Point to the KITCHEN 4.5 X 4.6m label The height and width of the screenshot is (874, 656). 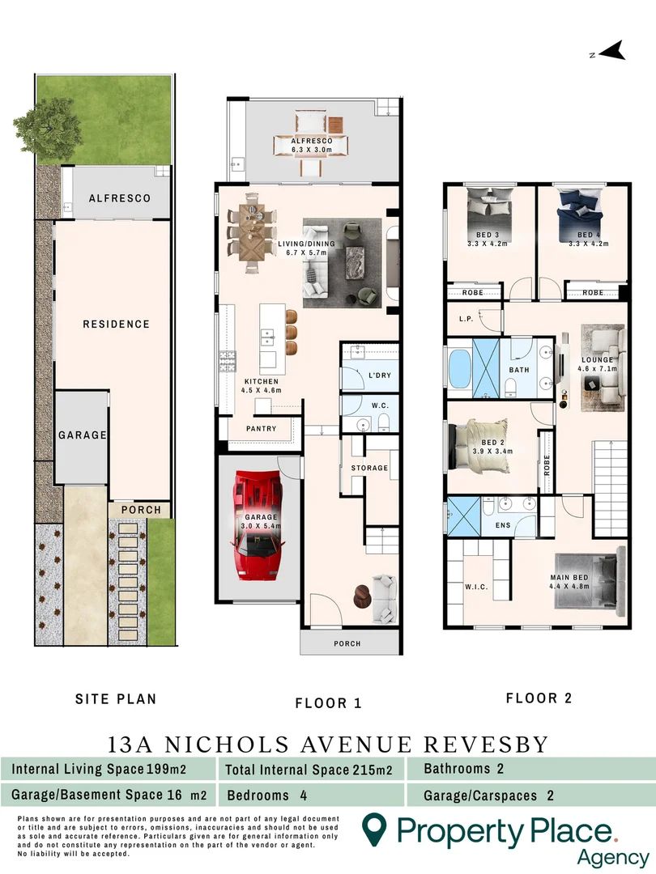[x=261, y=386]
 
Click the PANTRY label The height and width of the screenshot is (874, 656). [x=260, y=429]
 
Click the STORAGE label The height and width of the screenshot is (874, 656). [x=369, y=468]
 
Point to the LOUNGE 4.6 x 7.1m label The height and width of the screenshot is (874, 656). [x=597, y=364]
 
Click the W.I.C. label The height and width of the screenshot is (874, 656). [x=475, y=587]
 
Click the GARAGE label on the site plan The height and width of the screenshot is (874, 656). [x=82, y=435]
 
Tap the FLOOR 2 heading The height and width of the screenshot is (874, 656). [x=532, y=698]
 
